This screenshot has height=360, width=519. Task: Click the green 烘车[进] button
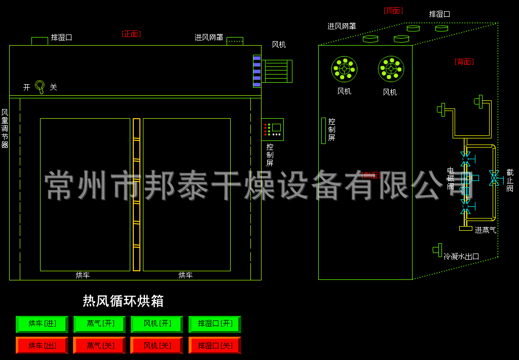click(42, 323)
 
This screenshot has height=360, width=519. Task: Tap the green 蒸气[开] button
click(99, 323)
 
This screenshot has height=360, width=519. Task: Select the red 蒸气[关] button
click(99, 345)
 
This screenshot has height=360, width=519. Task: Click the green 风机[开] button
click(157, 323)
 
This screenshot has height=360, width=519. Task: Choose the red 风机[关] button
click(157, 345)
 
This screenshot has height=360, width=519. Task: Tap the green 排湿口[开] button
click(214, 323)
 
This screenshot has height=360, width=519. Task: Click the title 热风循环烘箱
click(123, 301)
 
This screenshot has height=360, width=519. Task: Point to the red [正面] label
click(131, 34)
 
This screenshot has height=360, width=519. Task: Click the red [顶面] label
click(393, 11)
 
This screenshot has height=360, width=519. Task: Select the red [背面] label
click(464, 62)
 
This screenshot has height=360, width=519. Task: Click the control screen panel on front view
click(272, 129)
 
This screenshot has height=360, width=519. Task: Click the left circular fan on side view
click(344, 69)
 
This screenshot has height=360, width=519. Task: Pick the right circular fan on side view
click(391, 69)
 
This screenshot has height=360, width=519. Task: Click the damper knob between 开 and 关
click(40, 86)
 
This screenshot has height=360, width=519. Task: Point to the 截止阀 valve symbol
click(494, 177)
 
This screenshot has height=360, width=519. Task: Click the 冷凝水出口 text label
click(461, 257)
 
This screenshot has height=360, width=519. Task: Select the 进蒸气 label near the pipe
click(485, 230)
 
